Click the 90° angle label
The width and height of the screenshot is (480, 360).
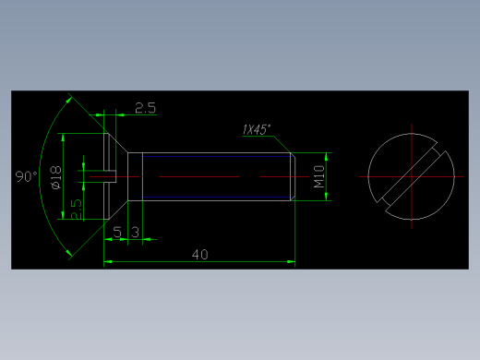point(27,176)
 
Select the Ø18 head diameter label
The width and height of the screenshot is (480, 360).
point(56,177)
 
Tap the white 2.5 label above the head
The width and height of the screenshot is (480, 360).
point(146,108)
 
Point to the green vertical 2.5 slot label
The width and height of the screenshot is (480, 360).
point(77,210)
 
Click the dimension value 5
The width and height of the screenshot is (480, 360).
point(117,232)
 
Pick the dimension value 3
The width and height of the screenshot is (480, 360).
point(136,232)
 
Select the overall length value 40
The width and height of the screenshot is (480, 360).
point(200,255)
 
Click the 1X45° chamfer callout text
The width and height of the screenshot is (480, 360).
point(257,129)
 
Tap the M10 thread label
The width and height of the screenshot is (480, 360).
point(319,176)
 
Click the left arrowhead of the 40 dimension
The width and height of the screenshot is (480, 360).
point(108,262)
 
